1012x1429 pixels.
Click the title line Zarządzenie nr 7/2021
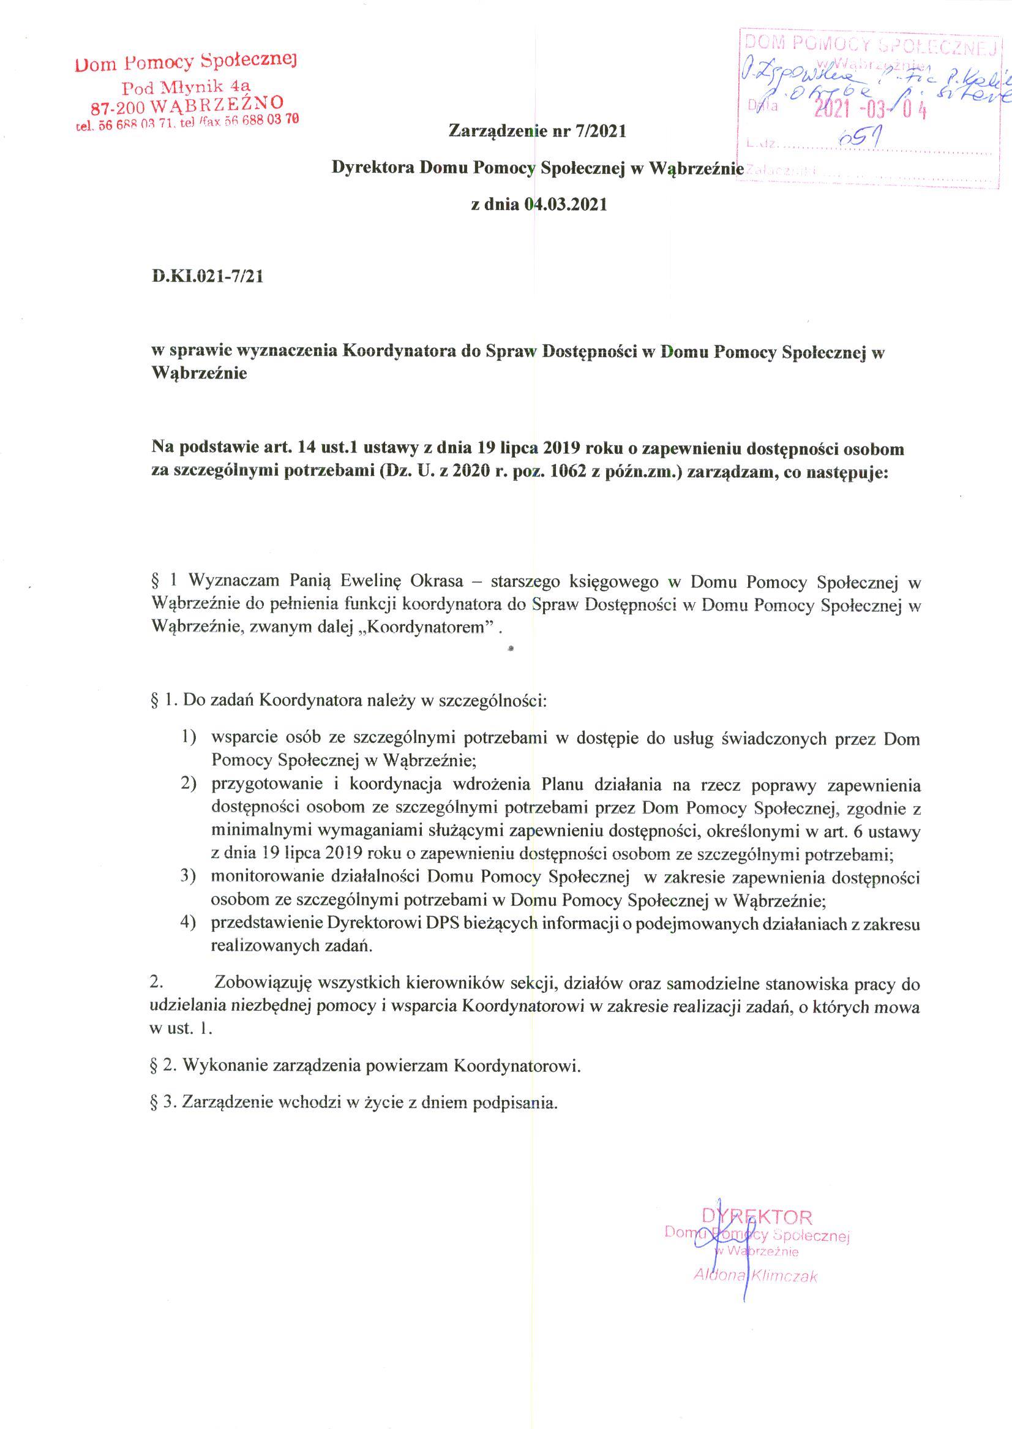tap(536, 131)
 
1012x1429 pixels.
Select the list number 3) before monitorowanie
tap(189, 877)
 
